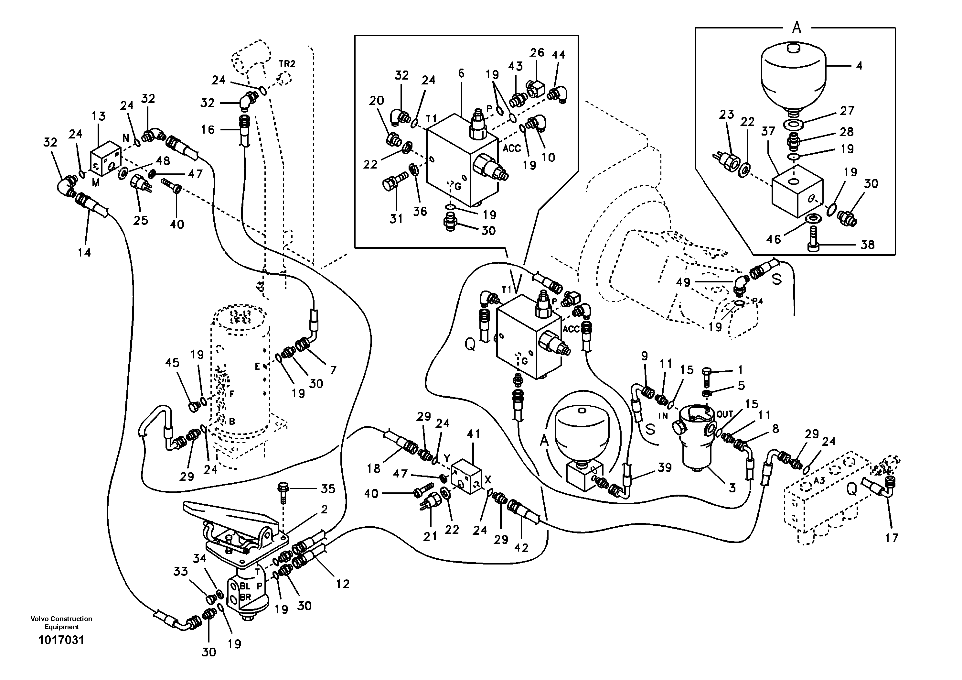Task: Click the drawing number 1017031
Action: point(61,652)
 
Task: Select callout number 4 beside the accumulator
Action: point(859,65)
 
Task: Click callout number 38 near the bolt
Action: point(867,245)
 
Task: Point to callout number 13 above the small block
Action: point(99,116)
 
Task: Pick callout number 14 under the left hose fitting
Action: point(84,252)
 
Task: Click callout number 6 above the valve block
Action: point(461,74)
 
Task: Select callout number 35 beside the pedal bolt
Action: point(328,489)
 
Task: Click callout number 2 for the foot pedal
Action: point(324,510)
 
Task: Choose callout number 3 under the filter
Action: point(732,488)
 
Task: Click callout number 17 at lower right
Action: point(891,537)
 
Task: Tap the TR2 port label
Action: point(287,64)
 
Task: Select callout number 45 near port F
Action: point(172,363)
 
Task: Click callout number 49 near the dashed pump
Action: point(683,282)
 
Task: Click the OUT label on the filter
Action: point(724,414)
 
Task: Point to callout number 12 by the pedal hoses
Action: point(343,584)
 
